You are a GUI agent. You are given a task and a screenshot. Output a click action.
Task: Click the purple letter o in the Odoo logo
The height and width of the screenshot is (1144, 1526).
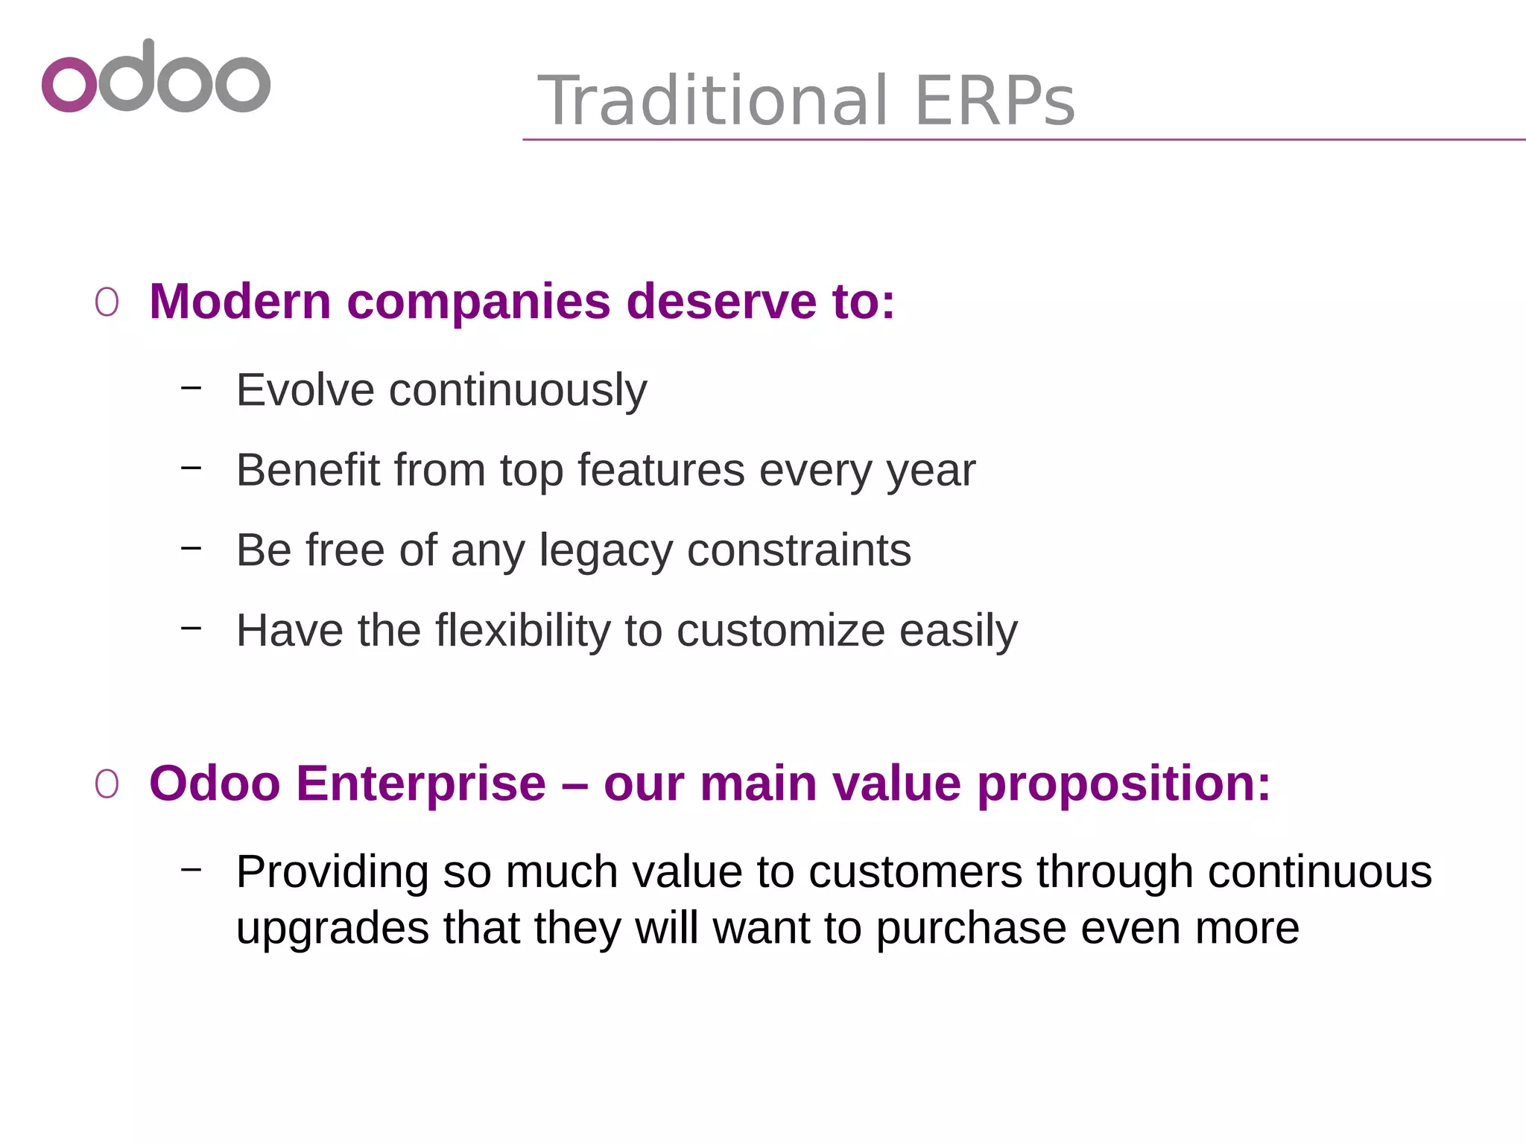69,84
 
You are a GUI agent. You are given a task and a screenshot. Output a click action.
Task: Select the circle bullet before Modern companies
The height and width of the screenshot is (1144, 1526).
107,303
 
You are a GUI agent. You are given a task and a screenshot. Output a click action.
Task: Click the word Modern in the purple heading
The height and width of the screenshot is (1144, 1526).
240,302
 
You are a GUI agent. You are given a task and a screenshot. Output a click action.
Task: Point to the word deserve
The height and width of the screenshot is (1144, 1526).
721,302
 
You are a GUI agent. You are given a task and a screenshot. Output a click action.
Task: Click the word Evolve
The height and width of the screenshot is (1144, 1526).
305,390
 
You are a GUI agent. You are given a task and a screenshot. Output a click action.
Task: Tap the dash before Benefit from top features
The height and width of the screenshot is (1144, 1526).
191,467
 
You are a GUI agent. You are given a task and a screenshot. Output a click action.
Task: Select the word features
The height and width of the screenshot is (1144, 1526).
661,470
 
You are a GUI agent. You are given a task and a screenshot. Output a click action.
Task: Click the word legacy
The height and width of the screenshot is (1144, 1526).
605,551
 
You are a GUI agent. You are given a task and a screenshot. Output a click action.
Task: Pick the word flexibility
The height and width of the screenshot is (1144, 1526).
522,631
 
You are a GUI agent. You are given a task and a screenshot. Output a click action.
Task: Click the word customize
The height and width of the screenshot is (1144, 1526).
780,631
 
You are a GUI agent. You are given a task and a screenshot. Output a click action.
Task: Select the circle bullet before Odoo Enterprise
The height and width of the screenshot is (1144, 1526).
107,784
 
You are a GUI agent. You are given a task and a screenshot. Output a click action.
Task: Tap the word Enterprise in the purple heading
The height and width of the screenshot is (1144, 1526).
421,784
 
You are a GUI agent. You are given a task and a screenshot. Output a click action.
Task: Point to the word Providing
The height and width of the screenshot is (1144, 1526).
332,872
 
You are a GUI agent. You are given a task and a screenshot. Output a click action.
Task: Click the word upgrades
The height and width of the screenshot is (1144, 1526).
332,929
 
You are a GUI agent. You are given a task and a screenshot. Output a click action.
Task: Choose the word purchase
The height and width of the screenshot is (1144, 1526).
971,929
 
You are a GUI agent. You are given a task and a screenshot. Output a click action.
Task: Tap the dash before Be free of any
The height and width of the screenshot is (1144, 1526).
191,547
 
